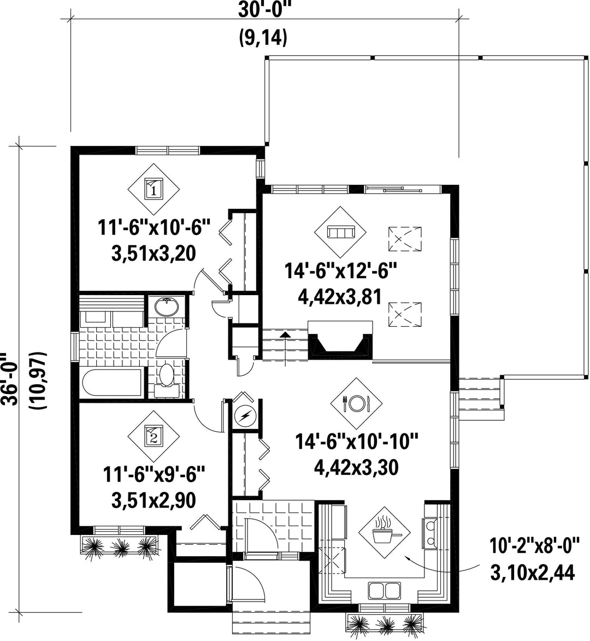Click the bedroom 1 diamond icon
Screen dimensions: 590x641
coord(154,189)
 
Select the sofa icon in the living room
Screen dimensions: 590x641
coord(340,232)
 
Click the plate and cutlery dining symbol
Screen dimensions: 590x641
coord(357,403)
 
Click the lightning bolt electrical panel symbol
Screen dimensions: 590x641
coord(245,416)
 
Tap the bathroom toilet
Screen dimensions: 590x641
coord(166,378)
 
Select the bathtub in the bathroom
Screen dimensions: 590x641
coord(113,382)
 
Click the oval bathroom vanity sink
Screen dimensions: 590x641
coord(167,308)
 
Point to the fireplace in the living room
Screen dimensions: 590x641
coord(340,340)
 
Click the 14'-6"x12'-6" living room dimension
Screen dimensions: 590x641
coord(340,270)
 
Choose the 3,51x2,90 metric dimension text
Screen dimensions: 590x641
coord(153,499)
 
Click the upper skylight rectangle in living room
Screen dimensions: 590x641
coord(404,239)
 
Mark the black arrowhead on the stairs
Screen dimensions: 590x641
coord(285,334)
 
